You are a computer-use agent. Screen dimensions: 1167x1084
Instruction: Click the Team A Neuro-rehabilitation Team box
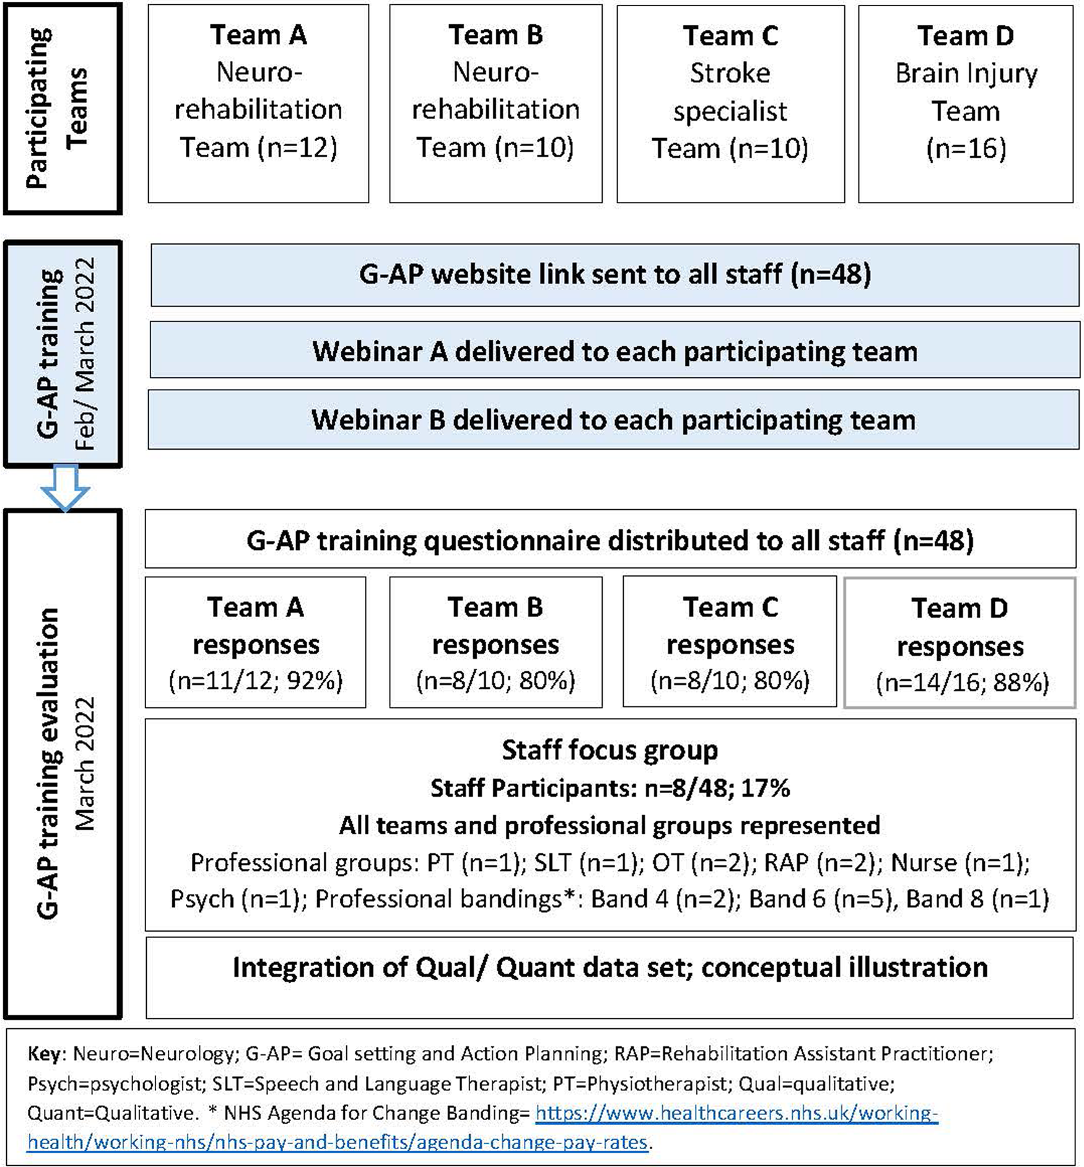(x=258, y=103)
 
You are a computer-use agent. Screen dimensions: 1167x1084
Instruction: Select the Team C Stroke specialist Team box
(x=730, y=103)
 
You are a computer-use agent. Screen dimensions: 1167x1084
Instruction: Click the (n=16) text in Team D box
(x=966, y=149)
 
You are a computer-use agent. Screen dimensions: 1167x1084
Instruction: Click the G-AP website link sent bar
(x=614, y=274)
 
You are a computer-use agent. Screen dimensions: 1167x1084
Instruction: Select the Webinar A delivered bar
(x=614, y=351)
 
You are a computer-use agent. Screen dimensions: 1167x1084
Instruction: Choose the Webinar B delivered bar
(x=613, y=420)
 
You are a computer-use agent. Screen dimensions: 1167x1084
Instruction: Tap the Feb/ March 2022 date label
(x=85, y=353)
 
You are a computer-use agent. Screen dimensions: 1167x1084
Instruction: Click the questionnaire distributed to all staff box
(x=610, y=540)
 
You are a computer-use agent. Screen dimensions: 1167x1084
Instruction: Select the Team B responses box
(x=496, y=642)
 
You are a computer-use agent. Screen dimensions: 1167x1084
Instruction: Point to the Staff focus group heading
(x=610, y=750)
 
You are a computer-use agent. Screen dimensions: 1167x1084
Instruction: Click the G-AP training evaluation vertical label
(x=48, y=762)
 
